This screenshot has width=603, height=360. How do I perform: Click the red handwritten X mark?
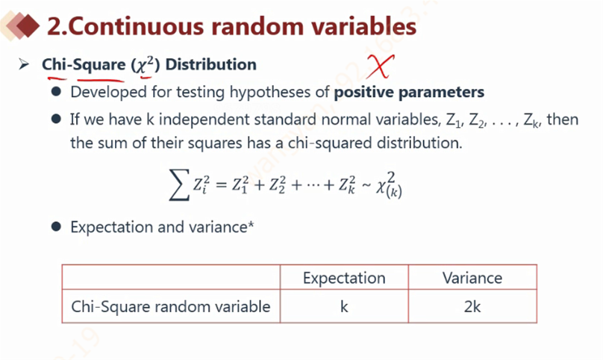pos(381,66)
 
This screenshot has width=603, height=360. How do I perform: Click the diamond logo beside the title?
pos(20,26)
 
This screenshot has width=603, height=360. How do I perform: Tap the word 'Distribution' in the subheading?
pos(210,64)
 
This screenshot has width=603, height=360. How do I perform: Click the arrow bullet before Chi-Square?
pos(24,64)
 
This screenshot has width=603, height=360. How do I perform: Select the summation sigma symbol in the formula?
pos(180,184)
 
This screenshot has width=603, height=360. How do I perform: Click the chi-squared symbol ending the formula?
pos(389,185)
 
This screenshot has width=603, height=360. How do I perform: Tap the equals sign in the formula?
pos(221,185)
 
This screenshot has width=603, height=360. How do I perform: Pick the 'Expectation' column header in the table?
pos(344,278)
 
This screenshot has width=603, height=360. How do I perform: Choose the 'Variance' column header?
pos(472,278)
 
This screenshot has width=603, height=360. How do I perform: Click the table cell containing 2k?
pos(472,306)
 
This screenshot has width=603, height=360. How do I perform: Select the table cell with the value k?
pos(344,306)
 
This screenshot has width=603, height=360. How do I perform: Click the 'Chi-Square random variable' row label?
pos(171,307)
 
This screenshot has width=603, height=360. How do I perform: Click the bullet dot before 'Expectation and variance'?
pos(56,226)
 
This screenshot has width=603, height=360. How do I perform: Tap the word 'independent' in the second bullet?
pos(204,120)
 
